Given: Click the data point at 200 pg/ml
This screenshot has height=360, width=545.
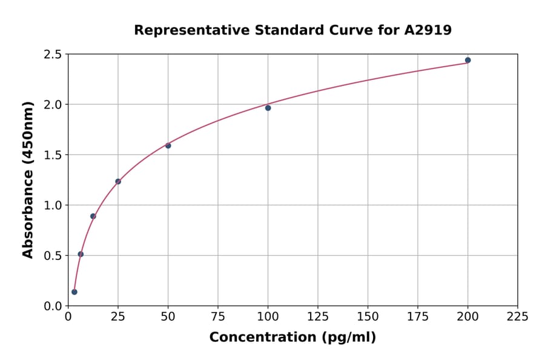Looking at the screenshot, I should [467, 60].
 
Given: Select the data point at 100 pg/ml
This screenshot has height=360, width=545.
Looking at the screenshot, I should [268, 108].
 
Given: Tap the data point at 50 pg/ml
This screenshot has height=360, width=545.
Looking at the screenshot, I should [168, 145].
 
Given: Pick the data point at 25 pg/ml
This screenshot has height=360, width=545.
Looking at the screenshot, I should [118, 181].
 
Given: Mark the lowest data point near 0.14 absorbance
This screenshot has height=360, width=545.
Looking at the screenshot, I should [74, 292].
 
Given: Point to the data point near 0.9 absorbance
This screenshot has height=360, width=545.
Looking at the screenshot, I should [93, 216].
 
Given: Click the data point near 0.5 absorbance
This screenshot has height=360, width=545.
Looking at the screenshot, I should [81, 254].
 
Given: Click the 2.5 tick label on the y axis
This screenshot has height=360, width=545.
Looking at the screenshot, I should [53, 55].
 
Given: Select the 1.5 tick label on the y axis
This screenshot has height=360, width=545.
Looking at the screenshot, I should [53, 155].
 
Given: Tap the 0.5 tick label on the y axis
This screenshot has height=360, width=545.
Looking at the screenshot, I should [53, 256].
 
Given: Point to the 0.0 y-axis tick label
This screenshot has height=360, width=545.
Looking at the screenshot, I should [53, 306].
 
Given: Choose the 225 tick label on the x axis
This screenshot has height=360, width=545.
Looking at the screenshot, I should [517, 316].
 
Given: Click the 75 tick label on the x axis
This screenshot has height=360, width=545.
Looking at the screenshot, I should [218, 316].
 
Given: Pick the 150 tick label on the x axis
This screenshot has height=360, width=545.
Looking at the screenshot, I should [368, 316].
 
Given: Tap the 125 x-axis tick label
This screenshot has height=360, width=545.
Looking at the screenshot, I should [318, 316].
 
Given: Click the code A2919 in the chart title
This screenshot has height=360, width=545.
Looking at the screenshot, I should [428, 30].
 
